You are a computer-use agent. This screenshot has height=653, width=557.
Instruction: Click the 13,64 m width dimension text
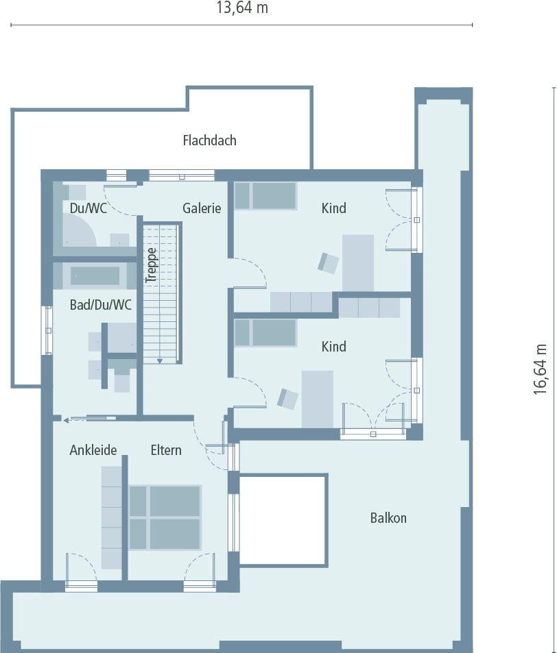click(x=241, y=8)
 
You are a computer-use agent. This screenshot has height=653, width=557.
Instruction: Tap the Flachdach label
click(x=209, y=140)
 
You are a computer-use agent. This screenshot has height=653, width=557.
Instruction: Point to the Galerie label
click(x=202, y=208)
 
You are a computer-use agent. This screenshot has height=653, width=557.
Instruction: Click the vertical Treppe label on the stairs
click(x=152, y=264)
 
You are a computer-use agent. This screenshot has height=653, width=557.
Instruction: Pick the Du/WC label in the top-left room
click(x=88, y=208)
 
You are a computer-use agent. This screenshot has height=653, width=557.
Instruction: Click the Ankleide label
click(x=93, y=450)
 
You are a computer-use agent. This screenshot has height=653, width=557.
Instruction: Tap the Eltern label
click(x=166, y=450)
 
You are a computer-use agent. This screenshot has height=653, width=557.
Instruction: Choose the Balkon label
click(x=388, y=518)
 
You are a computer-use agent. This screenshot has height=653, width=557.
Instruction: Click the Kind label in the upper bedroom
click(x=334, y=208)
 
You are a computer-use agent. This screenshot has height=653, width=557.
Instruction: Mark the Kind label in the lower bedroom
click(x=334, y=347)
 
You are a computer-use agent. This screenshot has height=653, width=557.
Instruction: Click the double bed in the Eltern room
click(x=165, y=517)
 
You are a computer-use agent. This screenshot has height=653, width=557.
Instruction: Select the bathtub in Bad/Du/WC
click(x=95, y=275)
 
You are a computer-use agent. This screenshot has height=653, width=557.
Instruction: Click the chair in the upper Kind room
click(x=329, y=262)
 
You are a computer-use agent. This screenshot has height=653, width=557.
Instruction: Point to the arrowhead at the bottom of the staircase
click(x=159, y=360)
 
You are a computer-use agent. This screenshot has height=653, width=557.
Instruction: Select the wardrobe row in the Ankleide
click(x=111, y=517)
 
